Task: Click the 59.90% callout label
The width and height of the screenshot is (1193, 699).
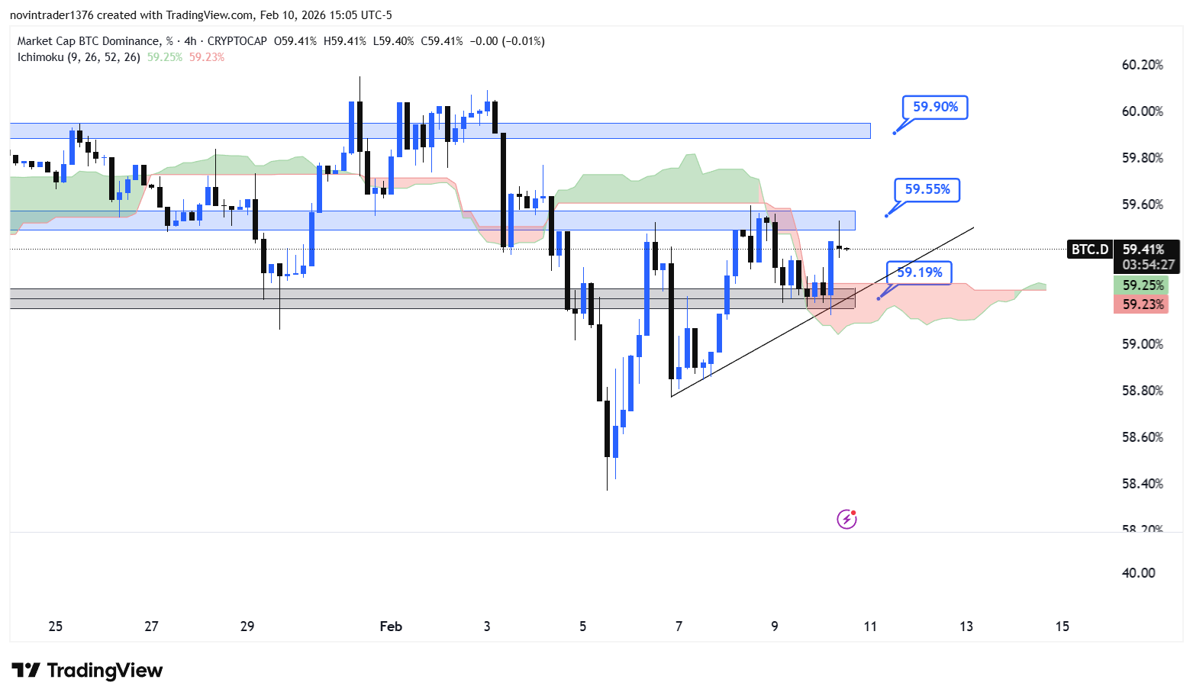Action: point(935,108)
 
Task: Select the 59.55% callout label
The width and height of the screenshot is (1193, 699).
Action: point(927,189)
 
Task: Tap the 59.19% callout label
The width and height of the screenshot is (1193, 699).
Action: point(919,272)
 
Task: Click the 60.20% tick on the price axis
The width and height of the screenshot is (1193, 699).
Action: point(1142,65)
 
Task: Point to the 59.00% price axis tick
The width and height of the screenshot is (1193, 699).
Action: point(1142,344)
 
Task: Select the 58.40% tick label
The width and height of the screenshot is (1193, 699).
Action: point(1142,484)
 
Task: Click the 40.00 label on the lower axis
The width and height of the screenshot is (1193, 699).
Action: point(1138,573)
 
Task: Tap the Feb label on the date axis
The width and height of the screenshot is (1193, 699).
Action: point(391,627)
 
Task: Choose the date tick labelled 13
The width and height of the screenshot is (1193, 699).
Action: point(966,627)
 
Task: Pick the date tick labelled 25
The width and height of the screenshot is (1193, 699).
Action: point(56,627)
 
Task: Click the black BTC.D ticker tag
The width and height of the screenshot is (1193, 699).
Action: point(1089,250)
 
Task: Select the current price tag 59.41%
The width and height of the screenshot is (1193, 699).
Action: point(1143,250)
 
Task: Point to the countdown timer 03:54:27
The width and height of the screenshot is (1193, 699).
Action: point(1148,265)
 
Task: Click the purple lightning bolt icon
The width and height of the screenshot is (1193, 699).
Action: point(846,520)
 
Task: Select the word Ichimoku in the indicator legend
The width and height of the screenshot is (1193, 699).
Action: point(40,57)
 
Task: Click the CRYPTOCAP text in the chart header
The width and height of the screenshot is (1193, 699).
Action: point(237,41)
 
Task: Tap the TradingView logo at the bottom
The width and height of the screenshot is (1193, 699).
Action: point(87,671)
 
